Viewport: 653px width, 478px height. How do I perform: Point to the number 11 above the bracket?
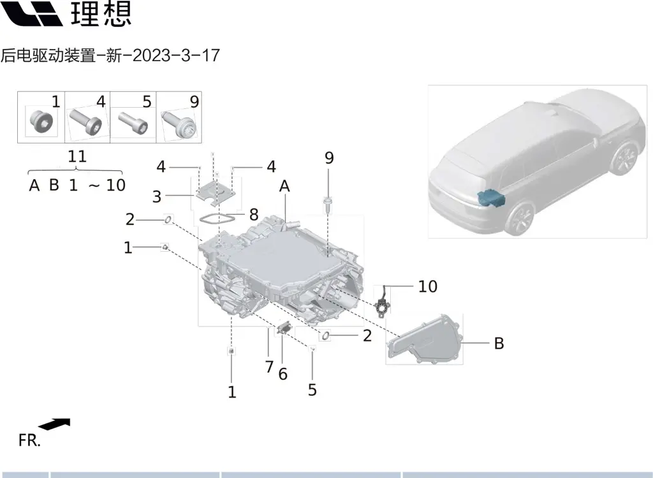coord(77,156)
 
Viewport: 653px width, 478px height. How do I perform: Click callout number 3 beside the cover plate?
coord(157,196)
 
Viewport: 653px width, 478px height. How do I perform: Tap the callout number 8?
coord(254,214)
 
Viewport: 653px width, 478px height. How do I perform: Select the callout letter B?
coord(499,344)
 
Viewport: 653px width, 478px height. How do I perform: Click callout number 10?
coord(427,287)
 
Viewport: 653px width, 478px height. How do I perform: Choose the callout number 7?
coord(269,367)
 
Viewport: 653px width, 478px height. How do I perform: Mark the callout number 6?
coord(282,374)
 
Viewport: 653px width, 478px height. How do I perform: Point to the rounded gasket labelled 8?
coord(214,219)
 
